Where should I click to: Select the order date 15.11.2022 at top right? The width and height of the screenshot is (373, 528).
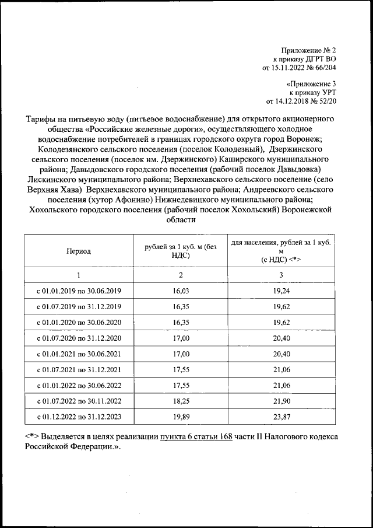click(x=288, y=68)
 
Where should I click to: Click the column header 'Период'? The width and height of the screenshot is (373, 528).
click(x=78, y=251)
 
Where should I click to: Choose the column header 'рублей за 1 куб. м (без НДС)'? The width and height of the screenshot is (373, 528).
click(x=181, y=251)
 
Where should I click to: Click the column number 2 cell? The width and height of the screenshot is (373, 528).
click(x=181, y=275)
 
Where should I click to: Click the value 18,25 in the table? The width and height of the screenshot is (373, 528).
click(x=181, y=401)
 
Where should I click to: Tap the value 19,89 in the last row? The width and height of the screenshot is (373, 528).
click(x=181, y=417)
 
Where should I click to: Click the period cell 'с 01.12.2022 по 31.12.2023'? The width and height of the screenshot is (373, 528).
click(x=79, y=417)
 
